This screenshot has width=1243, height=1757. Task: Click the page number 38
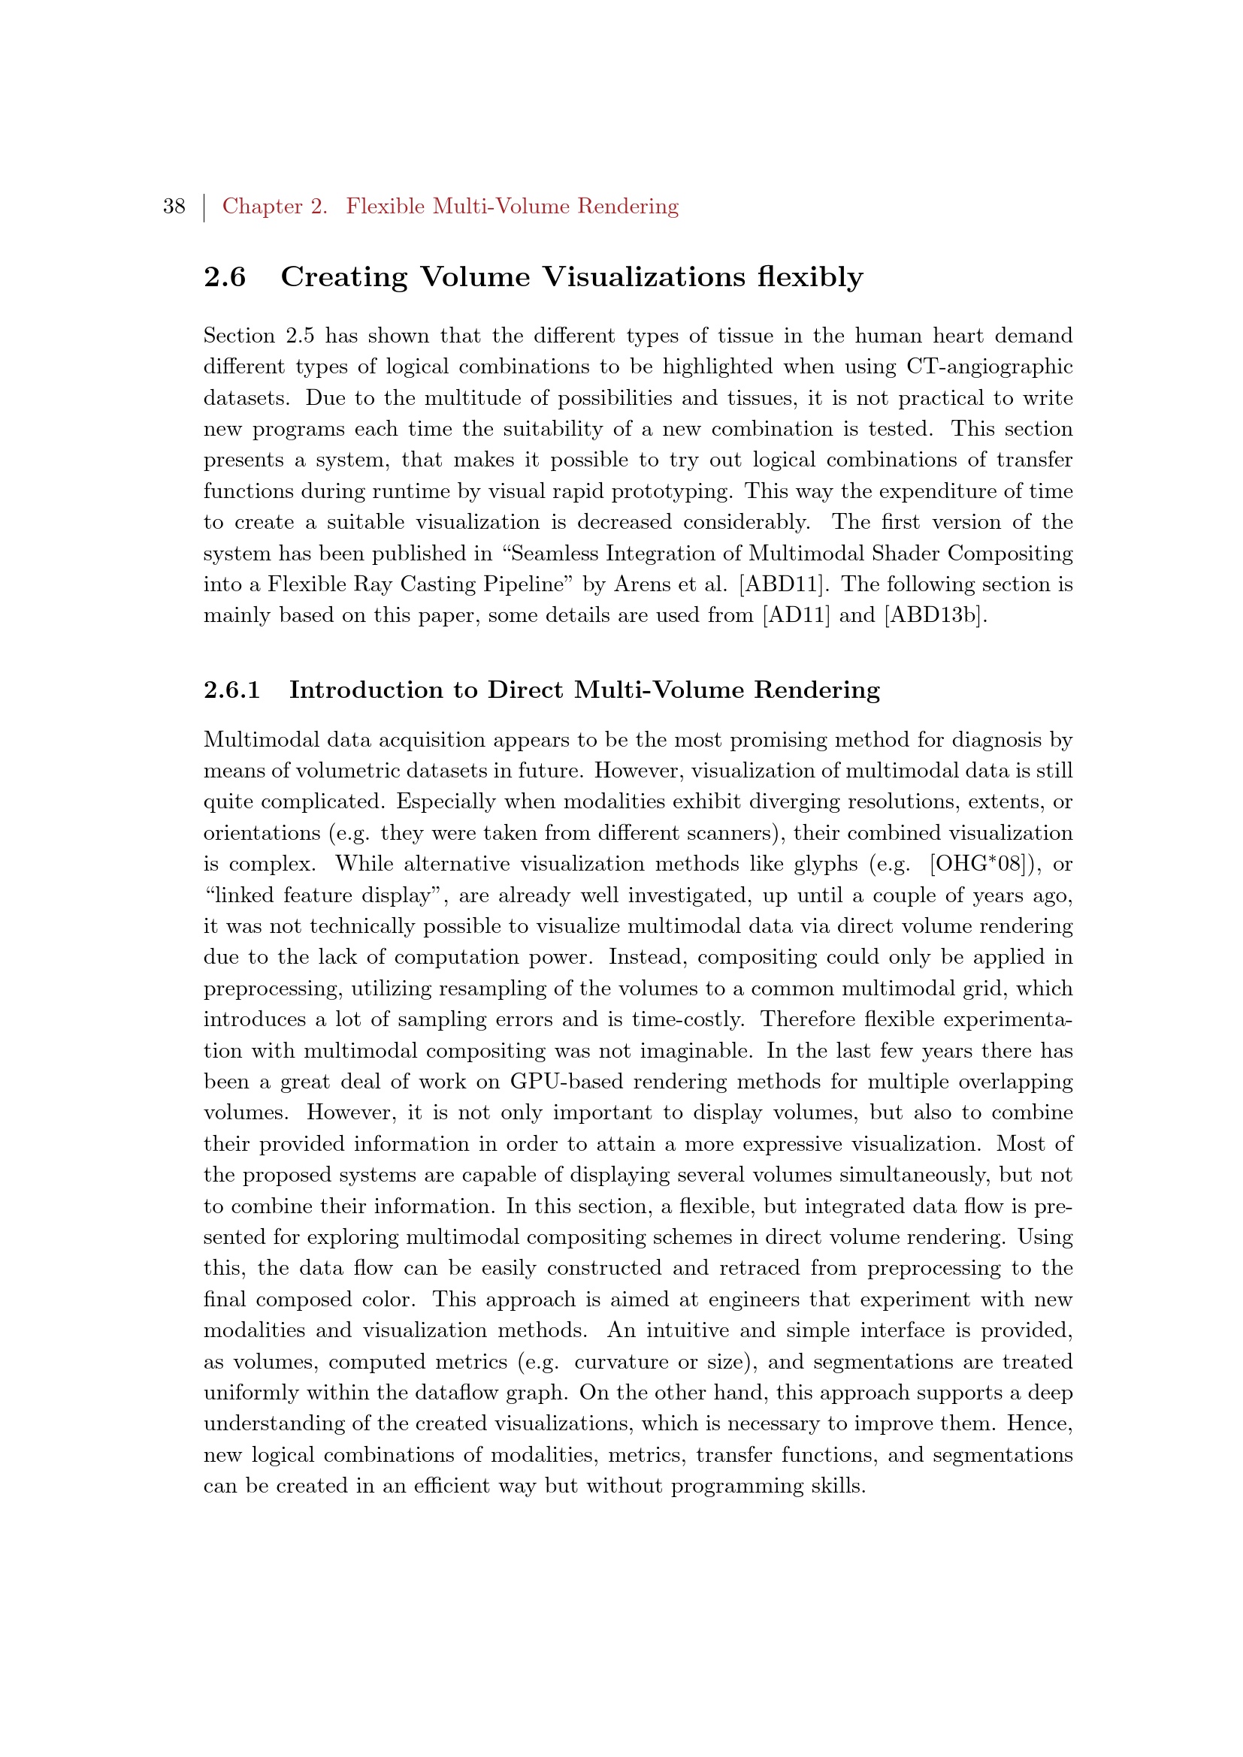pyautogui.click(x=174, y=207)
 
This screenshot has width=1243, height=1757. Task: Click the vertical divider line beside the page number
pyautogui.click(x=204, y=207)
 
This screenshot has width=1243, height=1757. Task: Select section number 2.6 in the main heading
pyautogui.click(x=224, y=277)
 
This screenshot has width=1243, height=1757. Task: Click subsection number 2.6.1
pyautogui.click(x=231, y=690)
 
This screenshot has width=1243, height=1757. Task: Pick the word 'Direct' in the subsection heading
pyautogui.click(x=526, y=690)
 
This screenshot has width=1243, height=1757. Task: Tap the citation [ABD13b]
pyautogui.click(x=935, y=616)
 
